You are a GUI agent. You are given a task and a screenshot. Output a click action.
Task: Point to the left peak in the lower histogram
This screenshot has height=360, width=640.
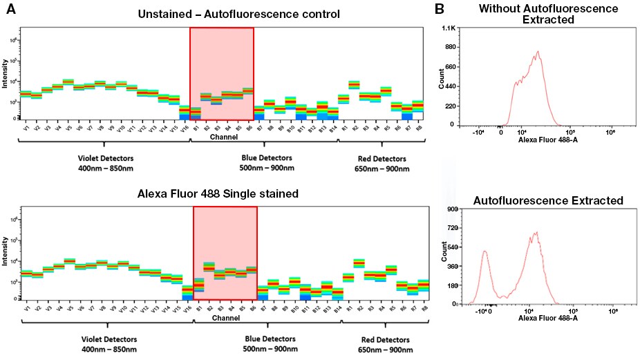(485, 253)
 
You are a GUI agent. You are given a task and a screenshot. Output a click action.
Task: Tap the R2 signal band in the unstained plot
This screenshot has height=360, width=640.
(354, 84)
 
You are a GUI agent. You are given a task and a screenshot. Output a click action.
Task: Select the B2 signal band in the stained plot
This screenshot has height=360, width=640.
(209, 267)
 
